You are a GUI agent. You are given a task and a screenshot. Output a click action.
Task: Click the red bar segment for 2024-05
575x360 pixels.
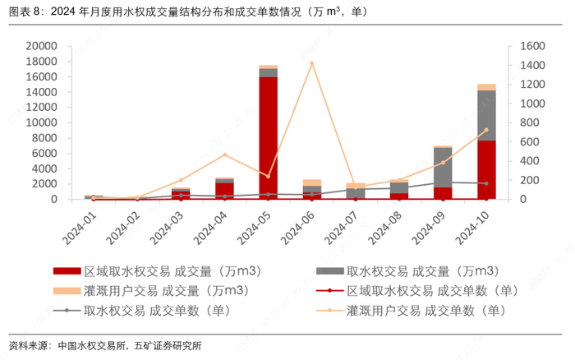coord(268,138)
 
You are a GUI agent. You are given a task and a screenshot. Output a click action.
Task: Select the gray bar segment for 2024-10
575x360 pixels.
coord(486,116)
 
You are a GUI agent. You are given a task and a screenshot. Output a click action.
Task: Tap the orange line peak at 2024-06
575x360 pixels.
coord(311,63)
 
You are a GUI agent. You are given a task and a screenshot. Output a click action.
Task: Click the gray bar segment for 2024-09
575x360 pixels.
coord(443,168)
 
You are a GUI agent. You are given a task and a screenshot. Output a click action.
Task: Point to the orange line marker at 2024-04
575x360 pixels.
coord(225,155)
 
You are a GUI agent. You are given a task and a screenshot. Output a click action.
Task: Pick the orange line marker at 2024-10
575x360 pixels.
coord(486,130)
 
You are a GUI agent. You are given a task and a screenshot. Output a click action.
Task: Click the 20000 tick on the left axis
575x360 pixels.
coord(41,46)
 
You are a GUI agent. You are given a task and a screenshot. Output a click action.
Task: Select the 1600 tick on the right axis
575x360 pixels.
coord(532,46)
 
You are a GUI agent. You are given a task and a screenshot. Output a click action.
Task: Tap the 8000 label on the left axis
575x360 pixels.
coord(44,138)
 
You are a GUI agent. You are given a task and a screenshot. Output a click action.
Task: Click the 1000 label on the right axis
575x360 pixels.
coord(532,104)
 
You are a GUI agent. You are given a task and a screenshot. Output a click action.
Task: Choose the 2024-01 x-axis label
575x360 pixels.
coord(80,228)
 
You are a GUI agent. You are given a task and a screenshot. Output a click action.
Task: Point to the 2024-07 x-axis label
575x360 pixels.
coord(343,228)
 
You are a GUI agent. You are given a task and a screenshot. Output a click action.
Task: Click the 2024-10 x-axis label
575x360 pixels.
coord(472,228)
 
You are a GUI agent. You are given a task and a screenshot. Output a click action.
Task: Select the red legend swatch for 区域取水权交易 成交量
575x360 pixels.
coord(67,271)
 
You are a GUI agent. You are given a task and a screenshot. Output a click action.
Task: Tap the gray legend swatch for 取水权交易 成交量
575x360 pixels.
coord(329,271)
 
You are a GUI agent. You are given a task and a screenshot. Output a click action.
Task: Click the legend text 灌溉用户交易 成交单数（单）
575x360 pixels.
coord(426,311)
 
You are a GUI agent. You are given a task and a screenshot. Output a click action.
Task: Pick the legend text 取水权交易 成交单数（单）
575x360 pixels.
coord(158,311)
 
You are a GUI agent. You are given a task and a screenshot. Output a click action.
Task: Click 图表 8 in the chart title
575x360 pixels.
coord(24,12)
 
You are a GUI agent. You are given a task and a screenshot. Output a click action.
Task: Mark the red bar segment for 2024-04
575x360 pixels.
coord(225,191)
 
